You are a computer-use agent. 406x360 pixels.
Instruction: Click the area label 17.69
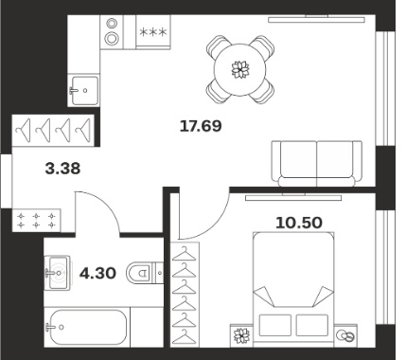point(201,126)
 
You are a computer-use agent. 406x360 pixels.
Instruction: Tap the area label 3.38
point(62,169)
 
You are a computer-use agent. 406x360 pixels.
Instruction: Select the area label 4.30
point(97,273)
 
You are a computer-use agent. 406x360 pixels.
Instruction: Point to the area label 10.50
point(299,223)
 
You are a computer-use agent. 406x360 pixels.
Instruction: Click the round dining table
point(240,69)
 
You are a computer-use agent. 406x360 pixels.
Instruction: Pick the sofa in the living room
point(317,163)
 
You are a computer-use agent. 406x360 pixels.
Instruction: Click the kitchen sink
point(83,90)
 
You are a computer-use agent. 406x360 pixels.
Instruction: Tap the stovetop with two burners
point(112,31)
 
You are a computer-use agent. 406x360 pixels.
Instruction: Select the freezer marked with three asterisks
point(153,32)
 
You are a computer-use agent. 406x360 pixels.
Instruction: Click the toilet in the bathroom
point(145,272)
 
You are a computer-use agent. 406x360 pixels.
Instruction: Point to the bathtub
point(87,327)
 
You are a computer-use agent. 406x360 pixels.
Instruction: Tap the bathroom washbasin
point(57,273)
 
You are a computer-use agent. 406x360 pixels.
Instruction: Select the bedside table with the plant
point(241,334)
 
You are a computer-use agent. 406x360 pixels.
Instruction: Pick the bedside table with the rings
point(345,334)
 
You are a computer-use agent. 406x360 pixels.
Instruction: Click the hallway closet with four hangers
point(53,130)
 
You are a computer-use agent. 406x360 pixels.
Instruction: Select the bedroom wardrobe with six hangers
point(185,295)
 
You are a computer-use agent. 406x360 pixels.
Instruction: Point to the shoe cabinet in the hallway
point(36,220)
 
